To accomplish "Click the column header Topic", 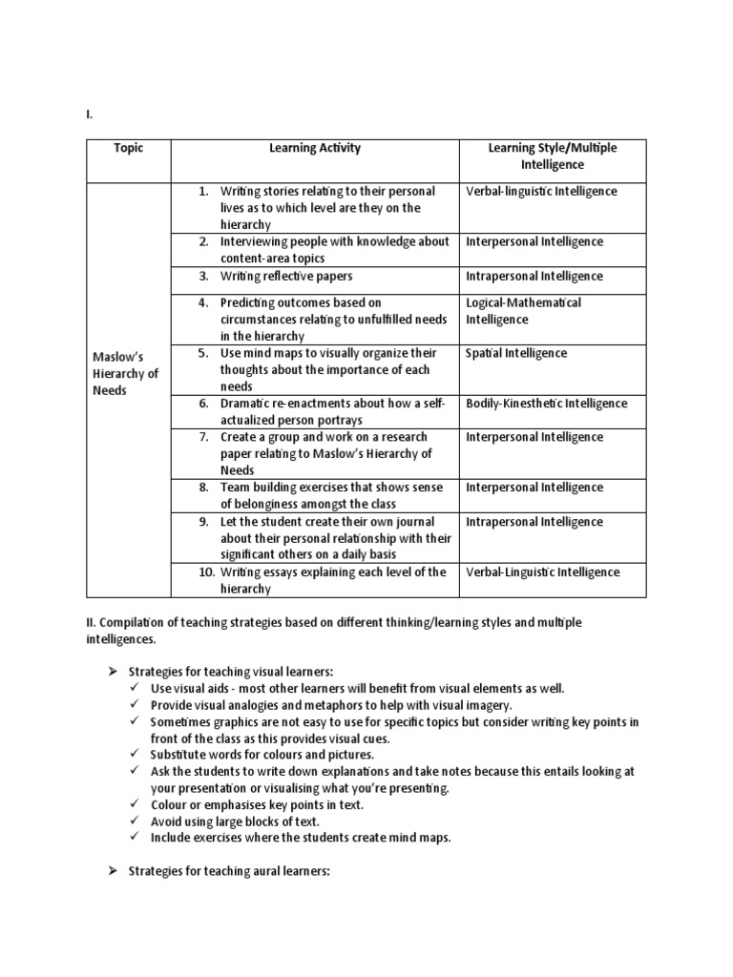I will (128, 149).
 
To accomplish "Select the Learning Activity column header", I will (315, 149).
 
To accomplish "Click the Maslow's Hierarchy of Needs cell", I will (125, 373).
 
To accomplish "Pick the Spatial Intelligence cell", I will (516, 353).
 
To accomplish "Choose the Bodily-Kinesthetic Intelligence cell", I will (547, 404).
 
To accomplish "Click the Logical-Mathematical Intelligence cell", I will (523, 311).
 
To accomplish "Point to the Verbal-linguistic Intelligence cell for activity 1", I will (541, 192).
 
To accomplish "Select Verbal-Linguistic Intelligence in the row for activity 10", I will (542, 572).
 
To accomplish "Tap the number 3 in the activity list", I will (203, 277).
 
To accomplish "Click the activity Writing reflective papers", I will (285, 277).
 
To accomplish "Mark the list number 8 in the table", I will (203, 488).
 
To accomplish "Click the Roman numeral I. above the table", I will (89, 114).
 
